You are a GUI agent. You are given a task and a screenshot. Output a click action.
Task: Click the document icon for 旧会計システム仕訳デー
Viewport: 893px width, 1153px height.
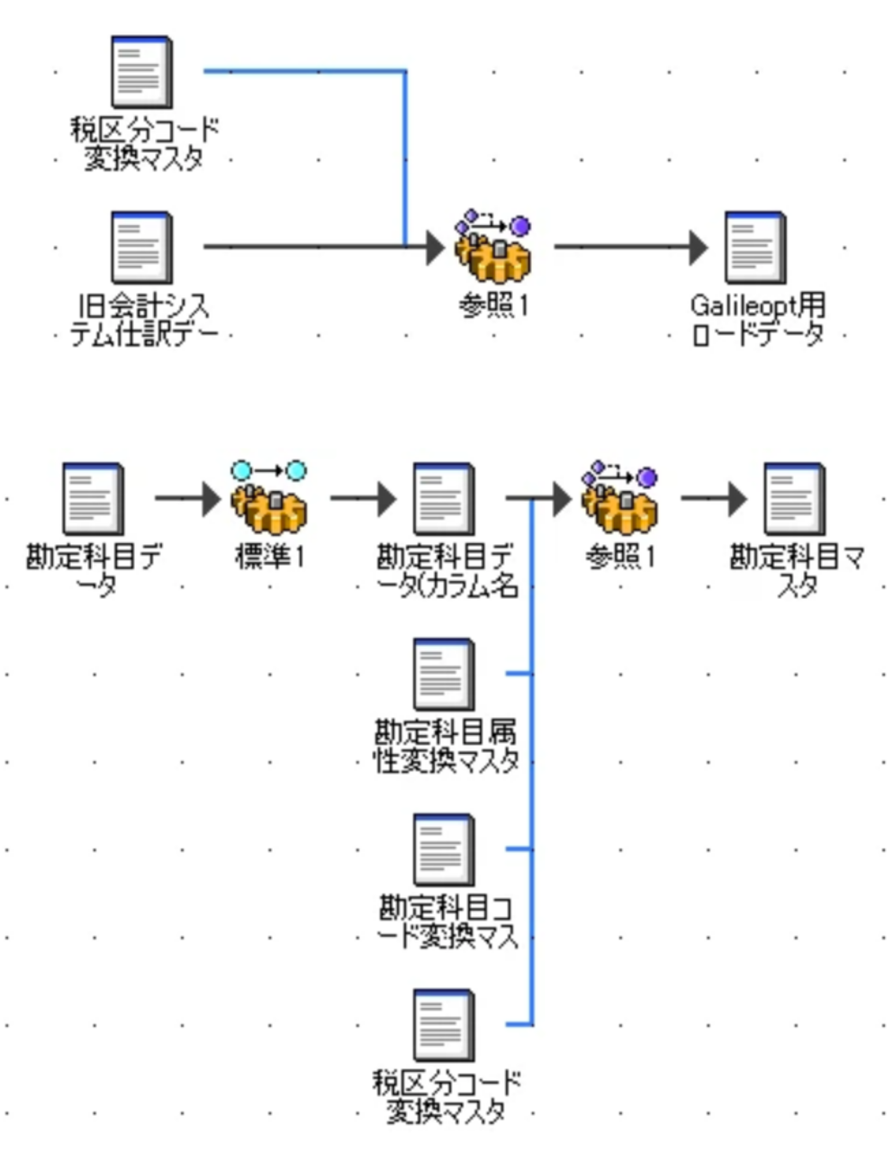pos(140,247)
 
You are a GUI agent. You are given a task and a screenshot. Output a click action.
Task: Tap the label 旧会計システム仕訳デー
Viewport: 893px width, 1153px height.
pos(142,321)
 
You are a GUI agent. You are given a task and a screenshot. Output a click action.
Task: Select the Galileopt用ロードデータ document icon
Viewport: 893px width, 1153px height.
pos(755,247)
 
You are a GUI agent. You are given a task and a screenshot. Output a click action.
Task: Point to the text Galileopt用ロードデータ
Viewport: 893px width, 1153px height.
pos(758,320)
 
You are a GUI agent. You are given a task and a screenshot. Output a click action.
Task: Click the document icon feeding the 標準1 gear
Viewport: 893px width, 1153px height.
pos(93,498)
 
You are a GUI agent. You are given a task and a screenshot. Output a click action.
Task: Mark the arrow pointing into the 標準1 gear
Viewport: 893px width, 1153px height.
pos(187,498)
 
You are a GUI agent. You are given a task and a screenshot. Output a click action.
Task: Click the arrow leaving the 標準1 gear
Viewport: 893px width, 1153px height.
pos(363,498)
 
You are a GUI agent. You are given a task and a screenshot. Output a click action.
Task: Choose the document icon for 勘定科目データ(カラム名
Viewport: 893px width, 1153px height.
pos(444,498)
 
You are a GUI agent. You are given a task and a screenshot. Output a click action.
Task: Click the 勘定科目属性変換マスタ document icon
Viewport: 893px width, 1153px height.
pos(444,674)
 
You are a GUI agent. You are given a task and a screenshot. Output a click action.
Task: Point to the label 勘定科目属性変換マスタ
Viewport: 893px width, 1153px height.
pos(446,746)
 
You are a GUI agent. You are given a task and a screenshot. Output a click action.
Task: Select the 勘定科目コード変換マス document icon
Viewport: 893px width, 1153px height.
pos(444,849)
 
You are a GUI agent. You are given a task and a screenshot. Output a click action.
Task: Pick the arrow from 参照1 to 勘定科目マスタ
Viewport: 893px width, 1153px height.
pos(715,498)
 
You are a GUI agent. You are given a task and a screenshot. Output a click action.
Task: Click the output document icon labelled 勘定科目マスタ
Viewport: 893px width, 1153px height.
pos(794,498)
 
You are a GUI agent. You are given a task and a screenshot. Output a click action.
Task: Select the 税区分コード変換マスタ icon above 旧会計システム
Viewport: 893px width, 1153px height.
pos(140,71)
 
